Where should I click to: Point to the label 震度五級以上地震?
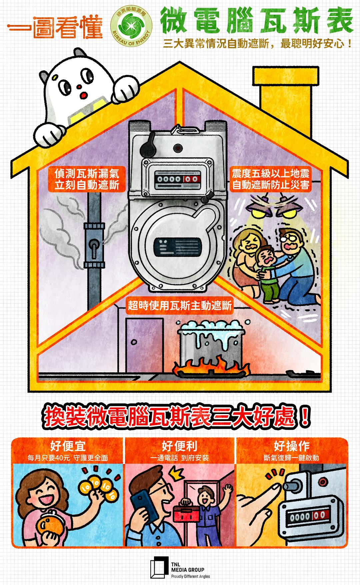click(270, 173)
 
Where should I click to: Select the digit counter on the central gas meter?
click(179, 179)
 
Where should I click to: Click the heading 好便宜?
click(68, 446)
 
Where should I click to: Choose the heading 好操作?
click(292, 446)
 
